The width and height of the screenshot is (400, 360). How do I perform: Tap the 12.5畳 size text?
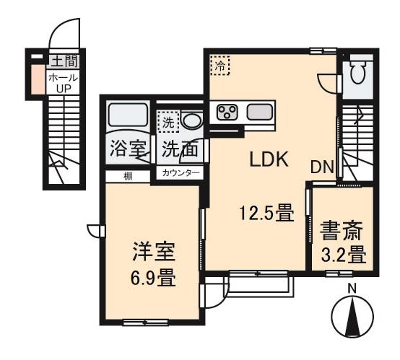pos(266,213)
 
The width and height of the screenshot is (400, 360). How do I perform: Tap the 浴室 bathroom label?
pos(128,151)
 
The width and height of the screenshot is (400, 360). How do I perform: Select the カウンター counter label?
pos(181,173)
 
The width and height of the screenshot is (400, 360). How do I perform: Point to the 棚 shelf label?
pos(126,174)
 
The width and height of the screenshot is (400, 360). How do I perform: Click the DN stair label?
pos(322,167)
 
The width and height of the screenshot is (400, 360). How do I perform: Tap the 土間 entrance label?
pos(64,61)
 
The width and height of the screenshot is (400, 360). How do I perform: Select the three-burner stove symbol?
pos(229,112)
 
